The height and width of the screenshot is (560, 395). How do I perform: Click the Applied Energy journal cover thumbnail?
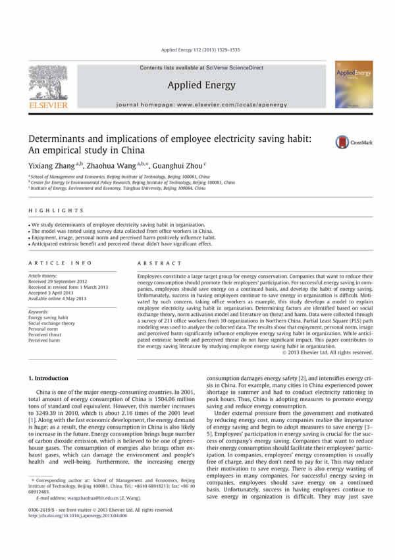(x=354, y=85)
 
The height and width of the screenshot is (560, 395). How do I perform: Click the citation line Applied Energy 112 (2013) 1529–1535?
(x=197, y=50)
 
